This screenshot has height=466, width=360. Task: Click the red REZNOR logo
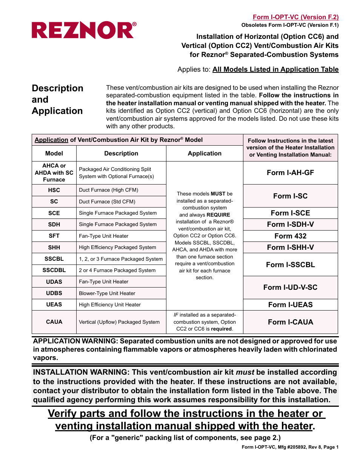[84, 30]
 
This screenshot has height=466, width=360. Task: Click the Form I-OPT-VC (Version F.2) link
[295, 17]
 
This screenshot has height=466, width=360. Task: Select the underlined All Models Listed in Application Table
[275, 69]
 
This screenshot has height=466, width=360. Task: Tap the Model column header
[54, 154]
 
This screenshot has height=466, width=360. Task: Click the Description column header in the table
[121, 154]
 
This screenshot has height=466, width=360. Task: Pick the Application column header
[205, 154]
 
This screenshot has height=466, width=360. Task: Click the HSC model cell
[54, 190]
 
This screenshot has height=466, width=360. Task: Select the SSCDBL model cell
[54, 270]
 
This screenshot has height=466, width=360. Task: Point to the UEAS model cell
[54, 305]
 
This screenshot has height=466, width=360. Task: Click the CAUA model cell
[54, 322]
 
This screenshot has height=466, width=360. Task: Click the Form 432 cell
[290, 236]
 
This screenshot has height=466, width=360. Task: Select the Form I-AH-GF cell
[290, 173]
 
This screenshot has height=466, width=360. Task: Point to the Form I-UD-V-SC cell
[290, 288]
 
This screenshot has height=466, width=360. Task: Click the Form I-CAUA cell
[290, 322]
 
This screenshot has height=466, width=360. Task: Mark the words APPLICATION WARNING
[75, 341]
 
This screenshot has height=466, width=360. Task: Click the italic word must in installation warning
[245, 372]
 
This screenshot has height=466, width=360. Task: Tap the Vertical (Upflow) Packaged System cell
[119, 322]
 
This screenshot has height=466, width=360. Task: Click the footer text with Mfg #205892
[290, 447]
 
